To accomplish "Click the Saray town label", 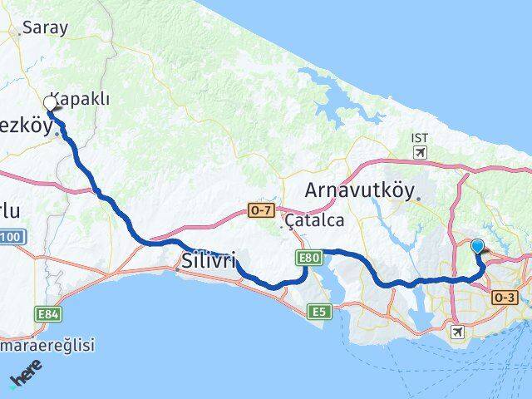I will (45, 27).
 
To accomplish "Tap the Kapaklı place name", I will (80, 98).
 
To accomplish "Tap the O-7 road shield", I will (260, 211).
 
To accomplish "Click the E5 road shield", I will (318, 312).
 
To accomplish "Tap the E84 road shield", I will (47, 314).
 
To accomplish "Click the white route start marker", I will (50, 103).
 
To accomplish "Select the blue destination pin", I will (478, 246).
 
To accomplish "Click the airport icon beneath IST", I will (420, 153).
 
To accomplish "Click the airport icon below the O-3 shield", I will (456, 332).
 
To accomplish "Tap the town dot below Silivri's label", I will (178, 269).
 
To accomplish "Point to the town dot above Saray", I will (18, 34).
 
